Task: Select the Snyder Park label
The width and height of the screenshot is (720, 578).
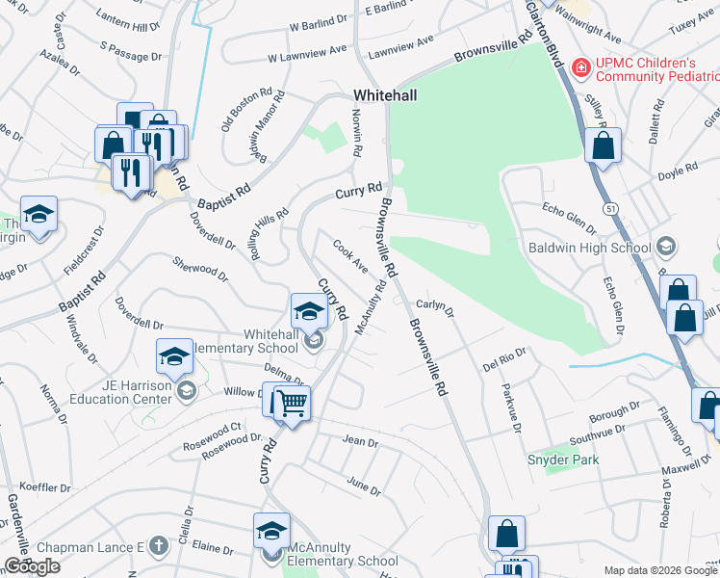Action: coord(563,460)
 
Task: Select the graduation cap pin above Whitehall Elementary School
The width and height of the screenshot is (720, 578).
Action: coord(308,310)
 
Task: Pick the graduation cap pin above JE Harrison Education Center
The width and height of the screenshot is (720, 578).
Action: coord(174,357)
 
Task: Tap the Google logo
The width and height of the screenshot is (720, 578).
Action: coord(32,566)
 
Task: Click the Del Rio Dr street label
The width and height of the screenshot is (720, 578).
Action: coord(504,360)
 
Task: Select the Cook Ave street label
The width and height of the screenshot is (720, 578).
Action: coord(349,255)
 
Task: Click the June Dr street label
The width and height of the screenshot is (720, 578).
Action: coord(363,485)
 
